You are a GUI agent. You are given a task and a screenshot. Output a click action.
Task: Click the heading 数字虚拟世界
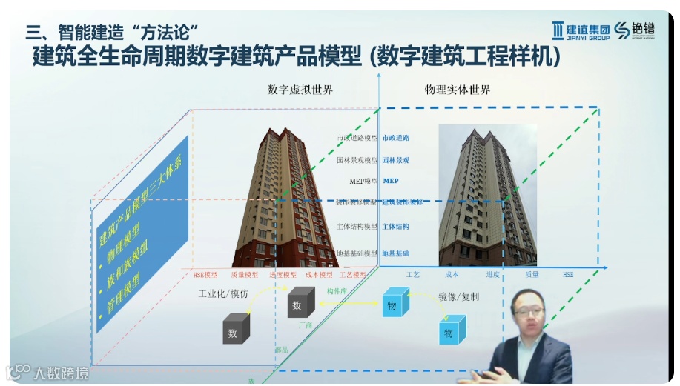pos(300,90)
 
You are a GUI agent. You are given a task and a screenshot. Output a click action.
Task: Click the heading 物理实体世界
pos(458,90)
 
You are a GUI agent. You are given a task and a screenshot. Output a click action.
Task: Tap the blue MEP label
pos(391,181)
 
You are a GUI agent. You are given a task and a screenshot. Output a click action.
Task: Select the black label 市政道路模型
pos(357,138)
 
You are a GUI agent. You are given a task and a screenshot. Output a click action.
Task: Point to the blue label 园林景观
pos(396,159)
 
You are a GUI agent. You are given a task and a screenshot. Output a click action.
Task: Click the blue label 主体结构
pos(396,227)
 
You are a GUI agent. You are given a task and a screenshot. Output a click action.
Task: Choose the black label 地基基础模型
pos(357,253)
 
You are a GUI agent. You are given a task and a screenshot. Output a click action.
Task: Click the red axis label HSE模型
pos(205,274)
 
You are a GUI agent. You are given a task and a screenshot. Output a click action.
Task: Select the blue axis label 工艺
pos(413,274)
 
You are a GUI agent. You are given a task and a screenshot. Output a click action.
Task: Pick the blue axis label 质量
pos(532,274)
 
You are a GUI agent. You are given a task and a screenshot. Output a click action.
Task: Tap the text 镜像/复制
pos(458,296)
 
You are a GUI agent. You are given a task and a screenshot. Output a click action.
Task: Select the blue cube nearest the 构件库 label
pos(392,305)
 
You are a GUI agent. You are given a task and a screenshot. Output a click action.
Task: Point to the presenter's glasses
pos(528,311)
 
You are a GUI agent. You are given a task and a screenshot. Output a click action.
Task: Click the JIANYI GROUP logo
pos(581,30)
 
